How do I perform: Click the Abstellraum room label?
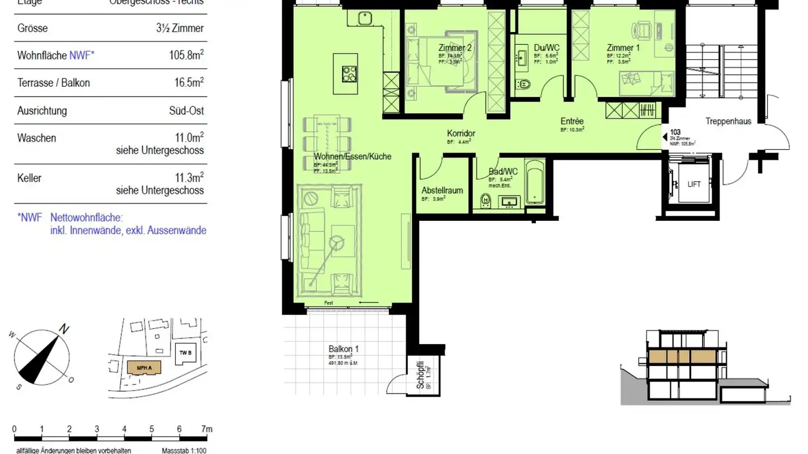(x=442, y=190)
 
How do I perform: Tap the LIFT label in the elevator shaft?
(x=694, y=184)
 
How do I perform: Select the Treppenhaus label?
(x=728, y=121)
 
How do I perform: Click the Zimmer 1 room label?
(x=623, y=48)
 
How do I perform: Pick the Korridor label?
(x=461, y=133)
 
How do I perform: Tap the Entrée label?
(x=572, y=121)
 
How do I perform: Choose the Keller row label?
(x=29, y=178)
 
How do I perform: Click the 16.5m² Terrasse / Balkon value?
(x=189, y=82)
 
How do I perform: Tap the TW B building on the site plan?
(x=186, y=353)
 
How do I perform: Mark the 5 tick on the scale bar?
(x=151, y=429)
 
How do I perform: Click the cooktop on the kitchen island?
(x=350, y=73)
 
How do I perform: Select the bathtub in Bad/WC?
(x=535, y=182)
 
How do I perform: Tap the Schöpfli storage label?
(x=420, y=378)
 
